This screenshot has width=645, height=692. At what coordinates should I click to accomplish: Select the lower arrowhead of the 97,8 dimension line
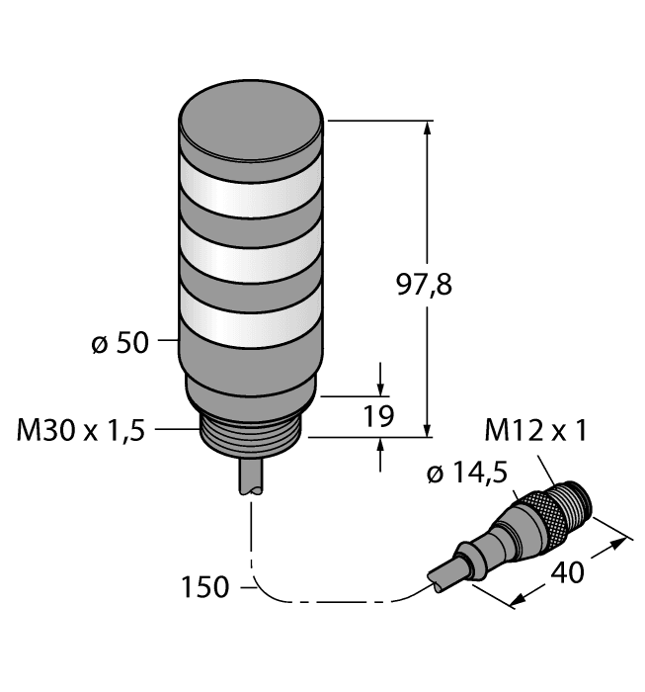click(x=429, y=429)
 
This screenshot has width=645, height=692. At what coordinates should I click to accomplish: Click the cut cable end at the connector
click(x=438, y=582)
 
